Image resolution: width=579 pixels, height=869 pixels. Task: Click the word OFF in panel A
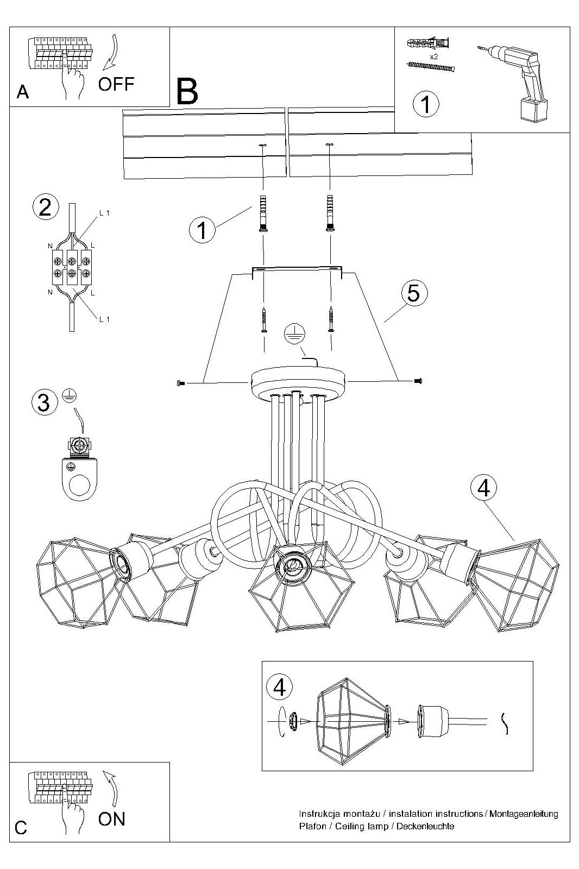[116, 84]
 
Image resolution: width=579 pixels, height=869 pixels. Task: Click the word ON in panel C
[112, 819]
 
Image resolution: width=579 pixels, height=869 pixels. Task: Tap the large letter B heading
[187, 92]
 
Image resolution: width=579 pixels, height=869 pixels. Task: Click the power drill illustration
[515, 81]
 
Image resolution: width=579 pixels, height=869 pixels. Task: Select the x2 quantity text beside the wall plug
[433, 56]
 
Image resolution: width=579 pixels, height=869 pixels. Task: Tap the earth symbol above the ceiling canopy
[295, 333]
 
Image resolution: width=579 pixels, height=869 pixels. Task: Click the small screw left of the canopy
[180, 383]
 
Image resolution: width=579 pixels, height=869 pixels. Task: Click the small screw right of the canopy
[418, 381]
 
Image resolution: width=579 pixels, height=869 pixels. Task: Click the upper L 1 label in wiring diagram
[104, 213]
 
